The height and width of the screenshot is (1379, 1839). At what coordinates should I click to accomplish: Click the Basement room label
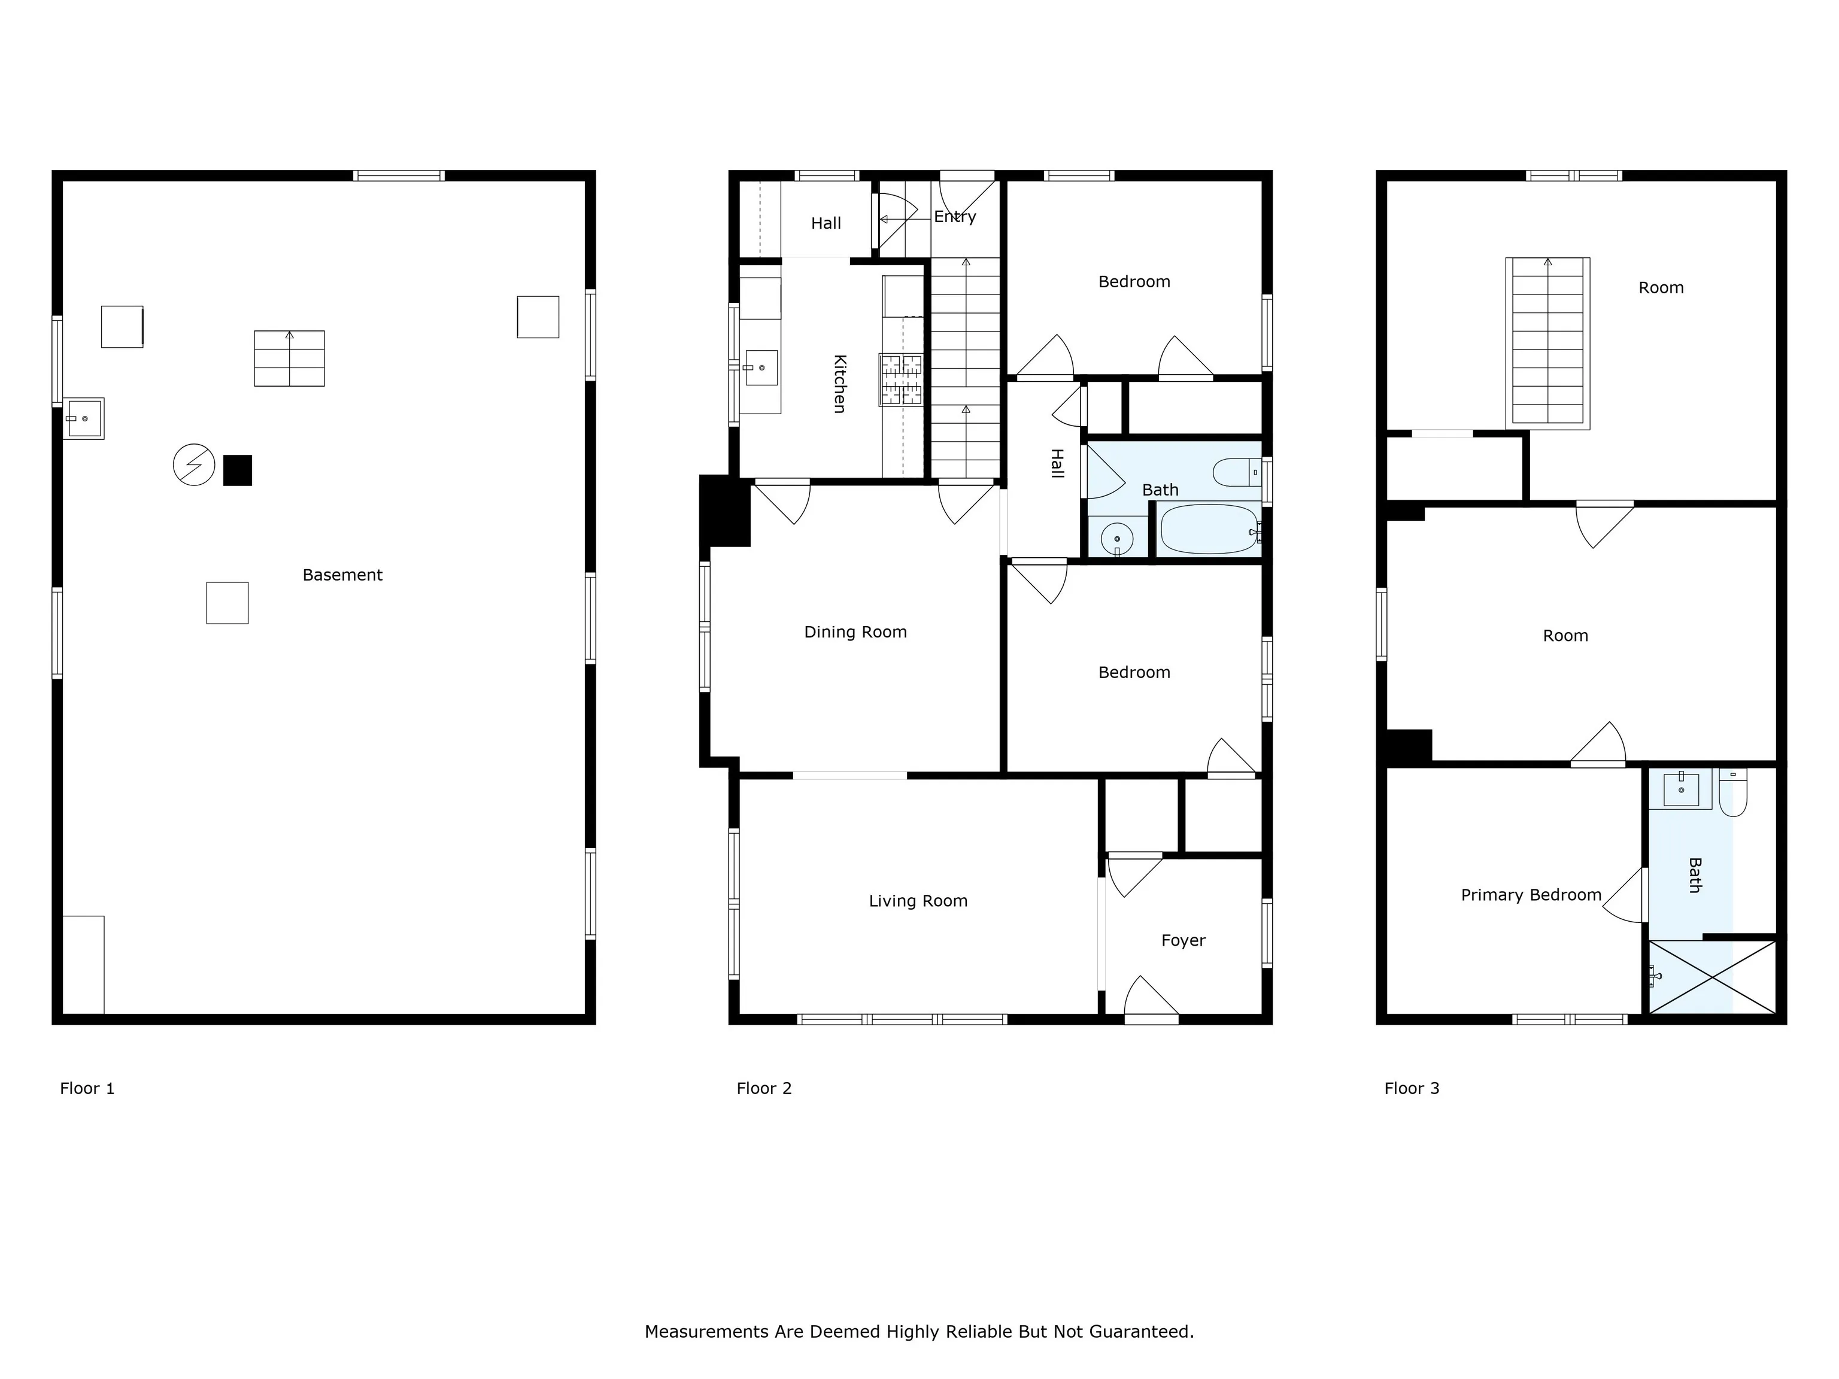342,575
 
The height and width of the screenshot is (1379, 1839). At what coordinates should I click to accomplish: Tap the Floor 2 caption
764,1088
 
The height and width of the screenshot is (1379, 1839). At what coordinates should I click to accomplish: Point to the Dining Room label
855,631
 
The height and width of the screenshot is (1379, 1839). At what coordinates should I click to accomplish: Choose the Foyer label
1183,940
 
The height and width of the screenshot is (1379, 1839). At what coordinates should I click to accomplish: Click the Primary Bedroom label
1531,895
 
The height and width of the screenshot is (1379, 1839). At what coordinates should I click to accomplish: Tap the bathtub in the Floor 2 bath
1210,530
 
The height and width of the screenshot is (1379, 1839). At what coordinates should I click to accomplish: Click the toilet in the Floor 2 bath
1237,472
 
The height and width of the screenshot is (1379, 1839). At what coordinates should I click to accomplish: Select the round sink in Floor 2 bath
1116,539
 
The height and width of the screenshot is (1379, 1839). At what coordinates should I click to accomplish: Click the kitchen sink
760,367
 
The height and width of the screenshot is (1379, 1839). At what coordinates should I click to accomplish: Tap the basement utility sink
84,418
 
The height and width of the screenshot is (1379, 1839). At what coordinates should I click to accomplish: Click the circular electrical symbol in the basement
194,464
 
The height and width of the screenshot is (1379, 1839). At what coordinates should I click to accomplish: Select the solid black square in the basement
238,470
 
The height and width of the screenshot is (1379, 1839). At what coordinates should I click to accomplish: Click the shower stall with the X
1712,977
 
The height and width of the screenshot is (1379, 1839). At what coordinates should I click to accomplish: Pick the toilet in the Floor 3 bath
1734,792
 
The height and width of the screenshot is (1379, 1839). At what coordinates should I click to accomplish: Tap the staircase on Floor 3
1547,344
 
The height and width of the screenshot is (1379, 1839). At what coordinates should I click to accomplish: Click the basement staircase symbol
289,359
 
